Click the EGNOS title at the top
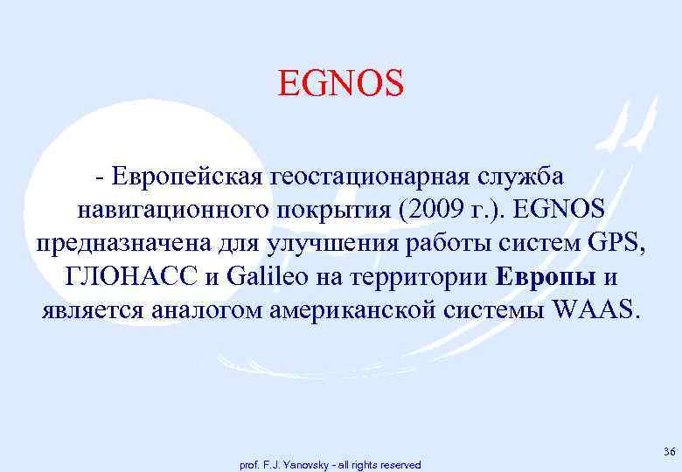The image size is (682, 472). coord(341,85)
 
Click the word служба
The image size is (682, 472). coord(524,177)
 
